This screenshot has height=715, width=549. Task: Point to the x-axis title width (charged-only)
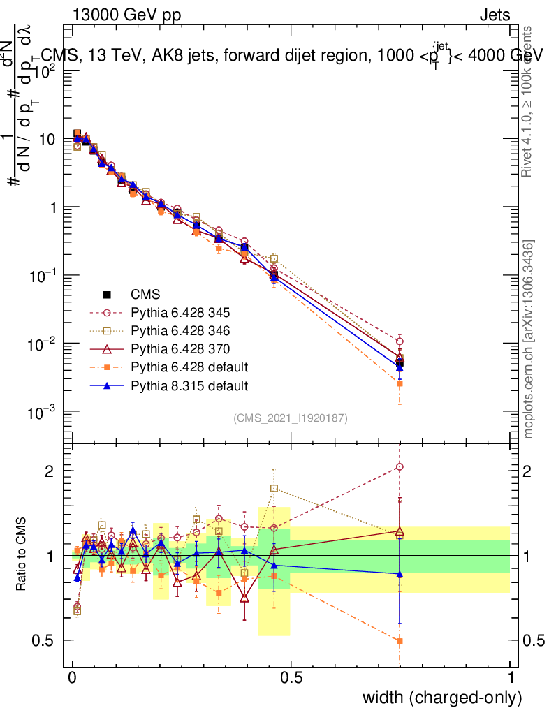coord(441,698)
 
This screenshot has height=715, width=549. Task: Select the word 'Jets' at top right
coord(495,15)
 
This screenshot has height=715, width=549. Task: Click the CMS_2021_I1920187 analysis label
coord(290,418)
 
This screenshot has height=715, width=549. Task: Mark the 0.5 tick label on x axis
coord(291,677)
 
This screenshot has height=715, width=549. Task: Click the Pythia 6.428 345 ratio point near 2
coord(400,467)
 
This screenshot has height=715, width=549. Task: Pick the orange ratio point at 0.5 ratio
coord(400,640)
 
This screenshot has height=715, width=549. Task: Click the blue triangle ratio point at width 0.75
coord(400,574)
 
